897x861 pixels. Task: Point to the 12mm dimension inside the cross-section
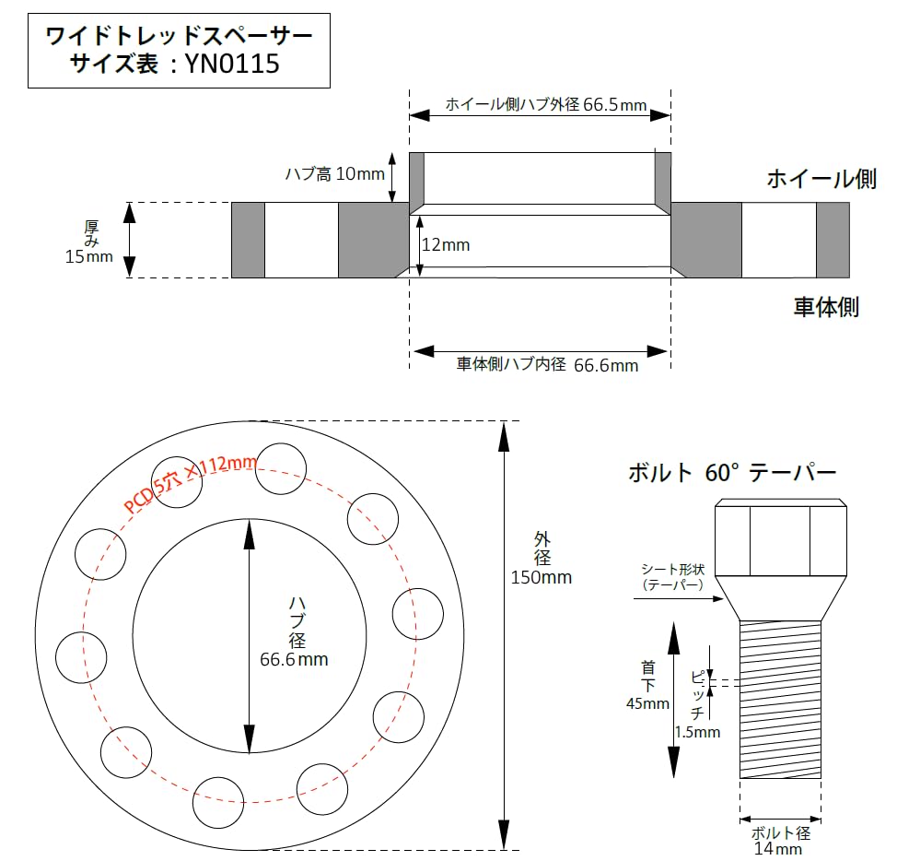447,245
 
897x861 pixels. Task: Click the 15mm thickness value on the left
88,257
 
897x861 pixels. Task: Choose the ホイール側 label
821,179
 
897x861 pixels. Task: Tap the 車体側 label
826,307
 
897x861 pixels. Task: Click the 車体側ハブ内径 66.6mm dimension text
547,365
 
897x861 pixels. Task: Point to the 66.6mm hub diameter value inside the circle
294,660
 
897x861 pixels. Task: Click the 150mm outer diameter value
542,578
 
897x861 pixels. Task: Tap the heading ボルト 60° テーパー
732,474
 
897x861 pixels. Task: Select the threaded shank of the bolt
780,699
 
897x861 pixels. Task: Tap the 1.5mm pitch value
697,732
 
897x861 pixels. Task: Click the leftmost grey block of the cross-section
247,240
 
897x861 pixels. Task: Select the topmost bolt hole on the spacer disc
280,468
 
